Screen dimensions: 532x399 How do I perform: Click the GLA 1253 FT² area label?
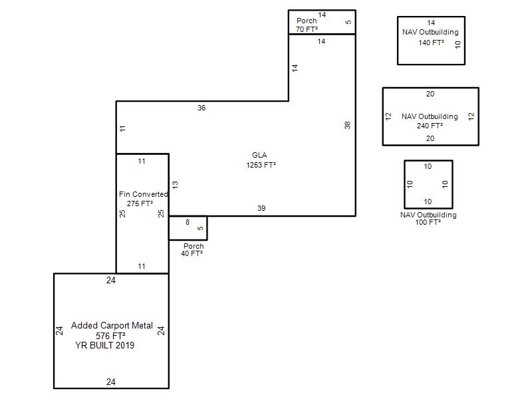[261, 160]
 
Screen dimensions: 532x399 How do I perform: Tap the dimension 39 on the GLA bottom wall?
[261, 208]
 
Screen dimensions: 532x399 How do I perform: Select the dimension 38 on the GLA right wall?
[347, 125]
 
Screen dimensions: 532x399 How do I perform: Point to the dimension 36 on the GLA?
[201, 108]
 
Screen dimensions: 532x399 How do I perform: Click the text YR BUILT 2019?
[105, 345]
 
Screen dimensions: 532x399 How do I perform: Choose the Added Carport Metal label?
[112, 326]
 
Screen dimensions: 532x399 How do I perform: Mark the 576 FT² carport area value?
[110, 336]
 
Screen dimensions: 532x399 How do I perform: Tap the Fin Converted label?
[144, 194]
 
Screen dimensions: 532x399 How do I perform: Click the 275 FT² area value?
[140, 203]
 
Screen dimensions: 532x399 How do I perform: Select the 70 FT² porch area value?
[307, 29]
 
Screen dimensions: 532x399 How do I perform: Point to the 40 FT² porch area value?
[192, 253]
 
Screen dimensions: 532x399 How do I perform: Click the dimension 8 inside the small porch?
[188, 222]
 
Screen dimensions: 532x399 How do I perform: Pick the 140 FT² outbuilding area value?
[431, 43]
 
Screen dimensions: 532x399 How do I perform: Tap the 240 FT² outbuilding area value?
[430, 126]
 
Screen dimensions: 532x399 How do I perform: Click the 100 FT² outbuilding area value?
[428, 222]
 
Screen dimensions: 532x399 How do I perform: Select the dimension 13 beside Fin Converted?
[175, 185]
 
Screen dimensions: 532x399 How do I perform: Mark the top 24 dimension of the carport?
[111, 280]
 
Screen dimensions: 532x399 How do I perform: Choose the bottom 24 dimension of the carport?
[111, 382]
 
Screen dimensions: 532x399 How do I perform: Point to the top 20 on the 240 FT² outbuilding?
[430, 94]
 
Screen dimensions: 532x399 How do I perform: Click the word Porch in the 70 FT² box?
[307, 21]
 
